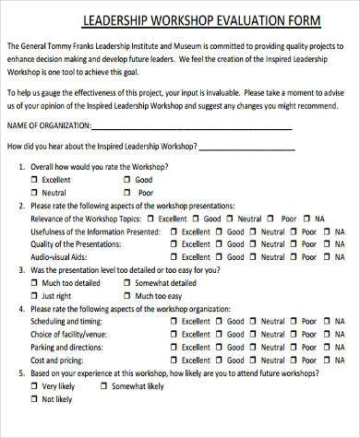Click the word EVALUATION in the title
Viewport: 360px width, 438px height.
pyautogui.click(x=226, y=20)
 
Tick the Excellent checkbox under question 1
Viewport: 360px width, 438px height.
pyautogui.click(x=36, y=179)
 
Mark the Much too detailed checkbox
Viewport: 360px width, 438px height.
pyautogui.click(x=36, y=283)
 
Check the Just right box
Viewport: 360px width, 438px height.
pyautogui.click(x=36, y=296)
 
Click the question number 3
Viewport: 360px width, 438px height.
pyautogui.click(x=21, y=270)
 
